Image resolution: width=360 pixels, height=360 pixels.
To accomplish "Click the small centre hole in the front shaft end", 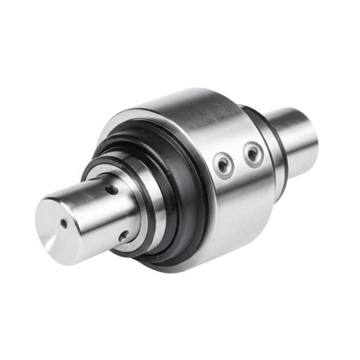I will click(x=64, y=223).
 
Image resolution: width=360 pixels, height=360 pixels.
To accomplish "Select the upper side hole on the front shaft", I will click(x=112, y=190).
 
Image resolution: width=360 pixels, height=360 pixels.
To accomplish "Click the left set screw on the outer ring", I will click(x=223, y=163).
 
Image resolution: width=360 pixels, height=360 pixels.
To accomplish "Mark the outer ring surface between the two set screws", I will click(x=239, y=159).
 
